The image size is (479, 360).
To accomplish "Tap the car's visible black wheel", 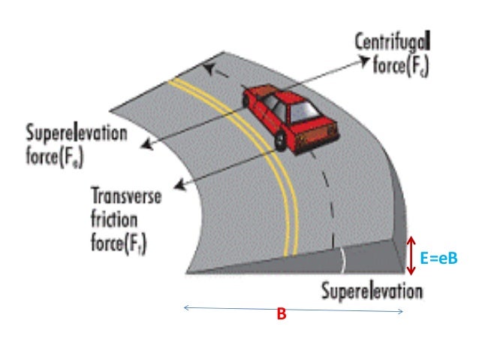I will [x=280, y=141].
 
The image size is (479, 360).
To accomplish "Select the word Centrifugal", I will [x=391, y=43].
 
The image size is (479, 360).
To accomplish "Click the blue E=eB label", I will [x=438, y=257].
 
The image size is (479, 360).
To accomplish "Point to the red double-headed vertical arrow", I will [x=410, y=256].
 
